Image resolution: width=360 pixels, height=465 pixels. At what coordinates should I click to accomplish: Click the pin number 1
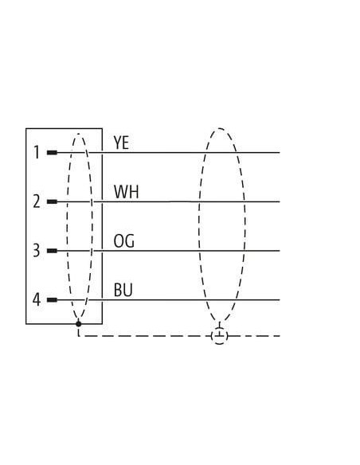37,152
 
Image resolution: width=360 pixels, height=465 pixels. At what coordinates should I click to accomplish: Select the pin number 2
37,201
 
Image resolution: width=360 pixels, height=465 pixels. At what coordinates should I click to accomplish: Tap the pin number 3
36,250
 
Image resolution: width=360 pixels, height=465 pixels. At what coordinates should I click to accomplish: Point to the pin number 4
36,299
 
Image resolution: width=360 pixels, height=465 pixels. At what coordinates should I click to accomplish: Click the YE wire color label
121,143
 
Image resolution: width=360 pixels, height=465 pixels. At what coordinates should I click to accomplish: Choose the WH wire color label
126,192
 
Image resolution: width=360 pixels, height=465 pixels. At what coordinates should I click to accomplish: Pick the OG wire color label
124,240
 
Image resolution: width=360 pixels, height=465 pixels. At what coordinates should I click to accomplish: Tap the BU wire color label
123,290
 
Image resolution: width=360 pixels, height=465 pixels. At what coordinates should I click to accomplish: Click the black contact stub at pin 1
52,152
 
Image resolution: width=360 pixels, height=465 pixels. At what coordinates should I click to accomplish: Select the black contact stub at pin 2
52,201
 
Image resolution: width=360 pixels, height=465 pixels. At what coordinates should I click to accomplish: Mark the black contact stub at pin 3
52,251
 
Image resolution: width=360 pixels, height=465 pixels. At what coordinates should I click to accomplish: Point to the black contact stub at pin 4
52,300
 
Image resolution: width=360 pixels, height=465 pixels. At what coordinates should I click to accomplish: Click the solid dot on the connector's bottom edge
78,324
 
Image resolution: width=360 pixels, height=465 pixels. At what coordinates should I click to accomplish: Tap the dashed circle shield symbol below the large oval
220,336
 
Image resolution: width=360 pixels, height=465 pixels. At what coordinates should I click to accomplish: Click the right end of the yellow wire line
280,153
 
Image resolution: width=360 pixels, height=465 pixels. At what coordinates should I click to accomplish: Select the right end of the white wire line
280,201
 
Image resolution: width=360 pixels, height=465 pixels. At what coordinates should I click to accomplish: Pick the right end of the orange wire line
280,251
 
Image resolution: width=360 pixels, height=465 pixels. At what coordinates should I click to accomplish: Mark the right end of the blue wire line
280,300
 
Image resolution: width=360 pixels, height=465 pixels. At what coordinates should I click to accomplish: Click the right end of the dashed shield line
280,336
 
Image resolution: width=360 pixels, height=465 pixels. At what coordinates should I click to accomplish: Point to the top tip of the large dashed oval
220,128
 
